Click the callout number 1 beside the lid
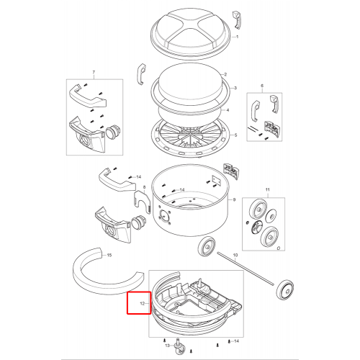237,37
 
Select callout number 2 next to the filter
225,74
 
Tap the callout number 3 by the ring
235,88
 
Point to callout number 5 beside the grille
235,135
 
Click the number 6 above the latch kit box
262,86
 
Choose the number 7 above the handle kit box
94,72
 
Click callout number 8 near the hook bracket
144,187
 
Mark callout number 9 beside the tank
234,199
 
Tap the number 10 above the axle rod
235,255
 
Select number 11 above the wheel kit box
268,190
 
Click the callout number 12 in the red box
143,304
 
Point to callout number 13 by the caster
168,346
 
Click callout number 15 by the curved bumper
109,255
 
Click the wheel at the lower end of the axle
285,290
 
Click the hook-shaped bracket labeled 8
142,200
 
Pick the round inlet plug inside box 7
111,132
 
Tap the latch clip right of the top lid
236,20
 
